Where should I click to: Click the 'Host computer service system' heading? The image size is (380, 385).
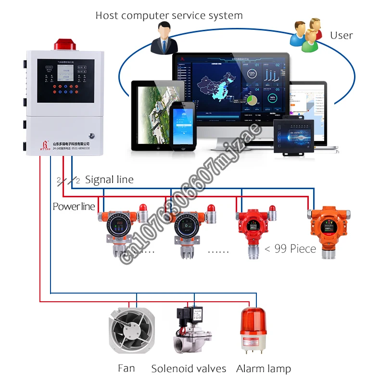coord(169,15)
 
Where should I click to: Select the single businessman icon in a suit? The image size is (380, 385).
coord(161,40)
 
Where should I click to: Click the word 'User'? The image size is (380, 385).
coord(341,36)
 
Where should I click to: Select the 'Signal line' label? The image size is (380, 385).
coord(109,180)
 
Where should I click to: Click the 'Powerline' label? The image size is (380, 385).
coord(74,206)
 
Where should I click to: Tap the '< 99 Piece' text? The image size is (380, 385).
coord(290,249)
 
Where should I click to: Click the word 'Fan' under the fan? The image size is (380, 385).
coord(127,369)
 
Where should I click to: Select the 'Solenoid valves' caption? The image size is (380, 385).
coord(189,369)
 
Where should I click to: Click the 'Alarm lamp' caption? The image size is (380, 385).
coord(264,369)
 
